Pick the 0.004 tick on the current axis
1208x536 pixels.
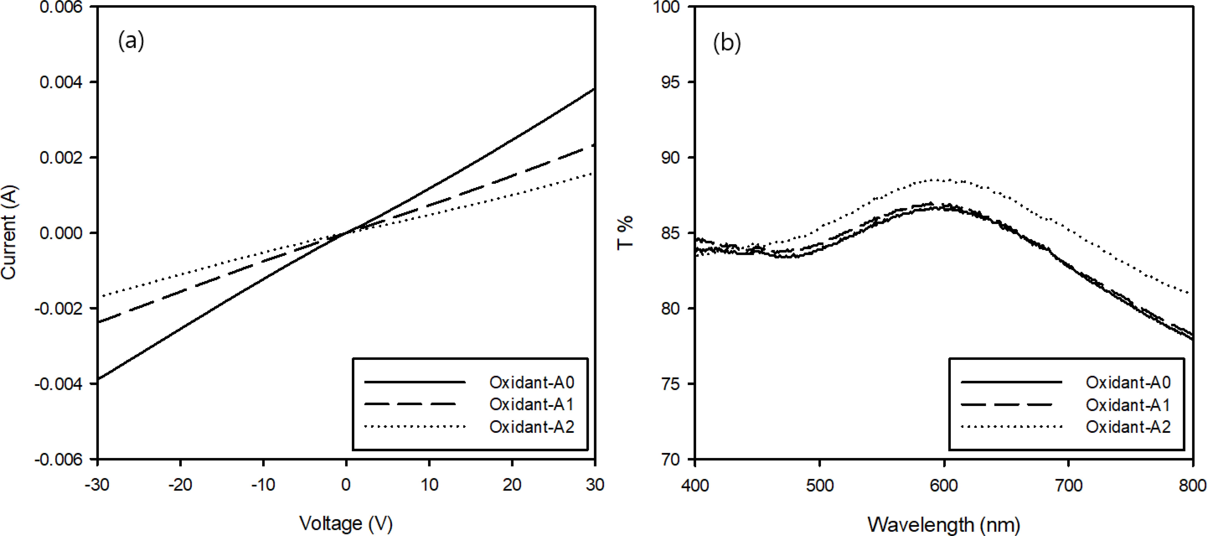(x=61, y=82)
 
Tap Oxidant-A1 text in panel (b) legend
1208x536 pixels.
(x=1128, y=405)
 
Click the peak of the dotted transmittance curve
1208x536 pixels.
(x=938, y=179)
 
